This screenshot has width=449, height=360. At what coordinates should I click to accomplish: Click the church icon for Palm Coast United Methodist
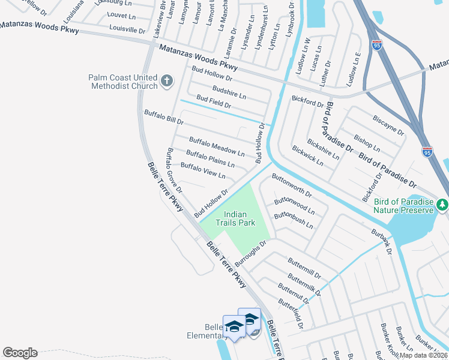coord(167,80)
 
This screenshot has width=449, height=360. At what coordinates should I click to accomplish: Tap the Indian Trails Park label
coord(239,218)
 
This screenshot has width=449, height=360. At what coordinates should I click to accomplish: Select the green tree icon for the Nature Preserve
coord(442,205)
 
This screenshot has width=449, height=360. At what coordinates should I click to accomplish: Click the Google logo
coord(20,353)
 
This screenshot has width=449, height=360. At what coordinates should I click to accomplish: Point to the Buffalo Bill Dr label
coord(163,117)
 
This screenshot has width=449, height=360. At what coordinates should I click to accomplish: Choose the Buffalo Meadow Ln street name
coord(216,147)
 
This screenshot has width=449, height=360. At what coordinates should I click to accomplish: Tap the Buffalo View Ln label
coord(202,172)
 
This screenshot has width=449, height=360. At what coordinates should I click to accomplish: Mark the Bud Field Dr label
coord(213,103)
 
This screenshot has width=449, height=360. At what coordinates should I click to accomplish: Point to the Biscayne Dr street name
coord(388,125)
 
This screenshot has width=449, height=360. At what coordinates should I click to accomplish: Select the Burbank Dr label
coord(381,241)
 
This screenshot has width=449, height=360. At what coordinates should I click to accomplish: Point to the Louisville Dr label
coord(127,29)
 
